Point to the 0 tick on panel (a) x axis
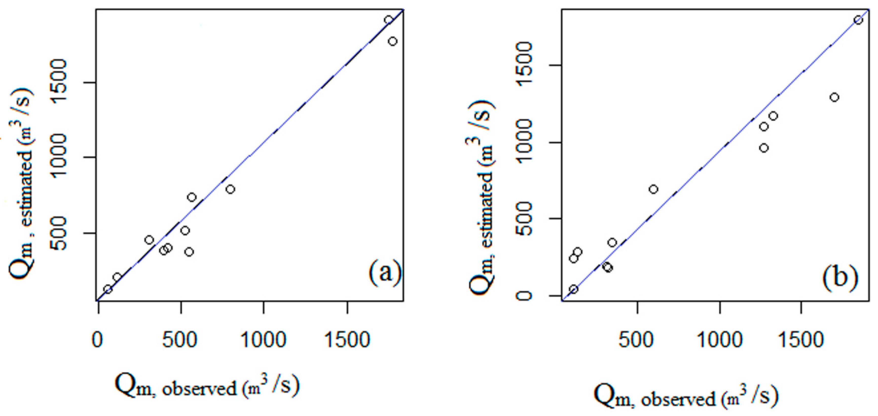pyautogui.click(x=98, y=340)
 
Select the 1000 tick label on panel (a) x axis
pyautogui.click(x=263, y=340)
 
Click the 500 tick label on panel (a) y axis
pyautogui.click(x=58, y=233)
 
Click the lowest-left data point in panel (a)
pyautogui.click(x=108, y=289)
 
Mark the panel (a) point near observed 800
pyautogui.click(x=230, y=189)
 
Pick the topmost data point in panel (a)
pyautogui.click(x=389, y=20)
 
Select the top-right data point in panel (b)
pyautogui.click(x=858, y=20)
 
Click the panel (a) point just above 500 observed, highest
pyautogui.click(x=192, y=197)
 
